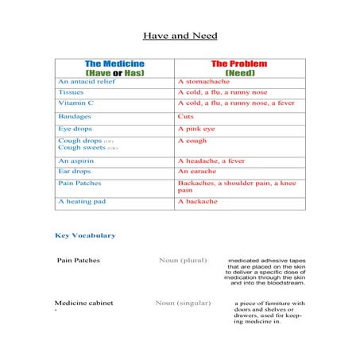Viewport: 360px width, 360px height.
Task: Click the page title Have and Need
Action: click(180, 36)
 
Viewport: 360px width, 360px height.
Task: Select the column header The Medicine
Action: click(115, 64)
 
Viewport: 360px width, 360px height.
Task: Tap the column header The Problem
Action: click(238, 64)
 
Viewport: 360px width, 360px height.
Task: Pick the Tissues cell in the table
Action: click(72, 92)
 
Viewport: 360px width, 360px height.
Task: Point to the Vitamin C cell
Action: click(75, 103)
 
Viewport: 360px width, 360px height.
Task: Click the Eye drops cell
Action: click(75, 128)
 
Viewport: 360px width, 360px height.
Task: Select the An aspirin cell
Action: click(76, 161)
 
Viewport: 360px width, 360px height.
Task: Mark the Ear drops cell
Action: click(75, 171)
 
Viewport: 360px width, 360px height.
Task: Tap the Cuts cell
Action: click(186, 116)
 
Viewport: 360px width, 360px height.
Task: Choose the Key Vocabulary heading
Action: click(85, 235)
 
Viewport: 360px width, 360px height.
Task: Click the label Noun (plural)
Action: click(183, 260)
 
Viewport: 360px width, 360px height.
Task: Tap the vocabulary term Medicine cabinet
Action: click(83, 303)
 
